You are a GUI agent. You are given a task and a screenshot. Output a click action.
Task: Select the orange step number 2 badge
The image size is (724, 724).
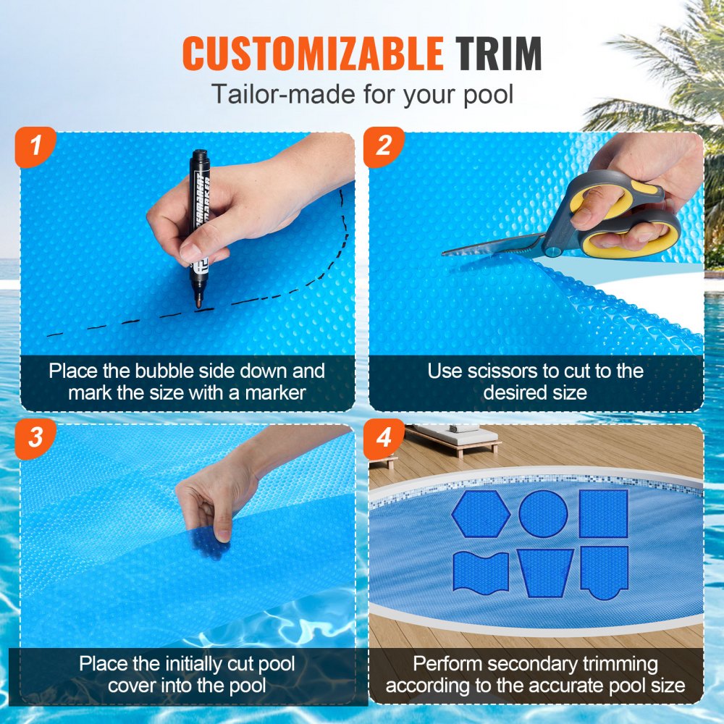point(384,147)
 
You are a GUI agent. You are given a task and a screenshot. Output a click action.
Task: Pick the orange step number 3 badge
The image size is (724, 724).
point(35,439)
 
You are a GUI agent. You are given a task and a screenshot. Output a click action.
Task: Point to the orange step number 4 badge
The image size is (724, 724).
point(384,439)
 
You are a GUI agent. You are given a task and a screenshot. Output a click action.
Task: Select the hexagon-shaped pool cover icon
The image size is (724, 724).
point(481,514)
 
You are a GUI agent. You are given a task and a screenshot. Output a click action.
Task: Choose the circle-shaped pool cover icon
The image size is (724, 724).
point(543,514)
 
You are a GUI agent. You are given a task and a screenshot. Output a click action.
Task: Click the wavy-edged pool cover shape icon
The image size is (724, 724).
point(481,571)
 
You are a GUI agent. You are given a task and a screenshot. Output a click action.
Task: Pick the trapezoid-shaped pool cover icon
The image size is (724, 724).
point(545,572)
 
